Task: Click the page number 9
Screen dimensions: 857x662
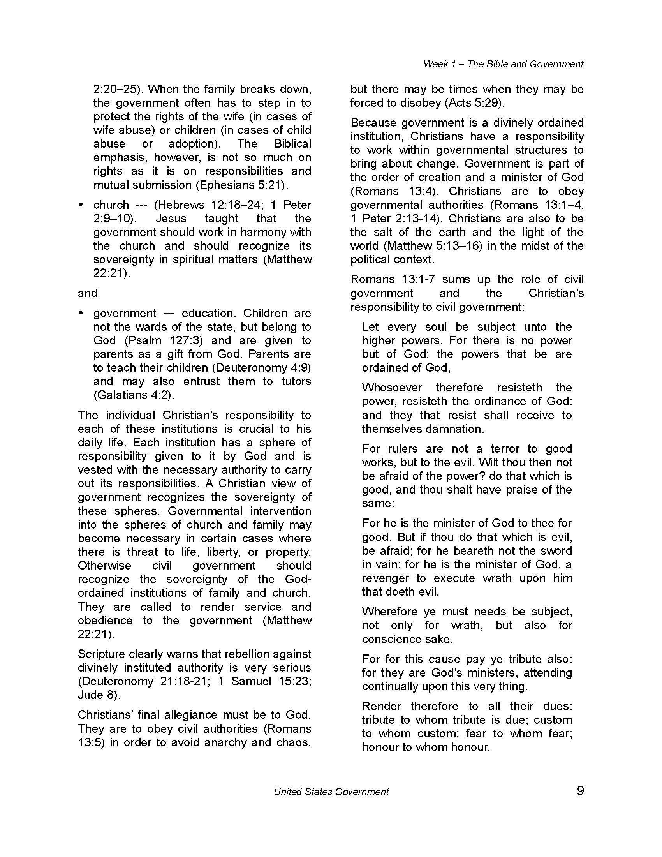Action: click(x=580, y=790)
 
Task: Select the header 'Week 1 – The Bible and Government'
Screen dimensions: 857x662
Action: click(x=503, y=64)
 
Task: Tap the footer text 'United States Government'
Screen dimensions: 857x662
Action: click(x=331, y=792)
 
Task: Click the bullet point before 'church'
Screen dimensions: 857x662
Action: click(x=81, y=205)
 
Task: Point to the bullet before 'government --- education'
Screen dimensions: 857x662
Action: click(x=81, y=313)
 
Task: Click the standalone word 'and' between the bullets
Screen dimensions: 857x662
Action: click(x=88, y=293)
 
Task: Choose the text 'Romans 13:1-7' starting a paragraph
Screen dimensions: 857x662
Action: click(x=393, y=279)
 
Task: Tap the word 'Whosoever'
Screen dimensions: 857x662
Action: click(x=392, y=388)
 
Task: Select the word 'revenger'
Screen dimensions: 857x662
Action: click(x=386, y=578)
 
